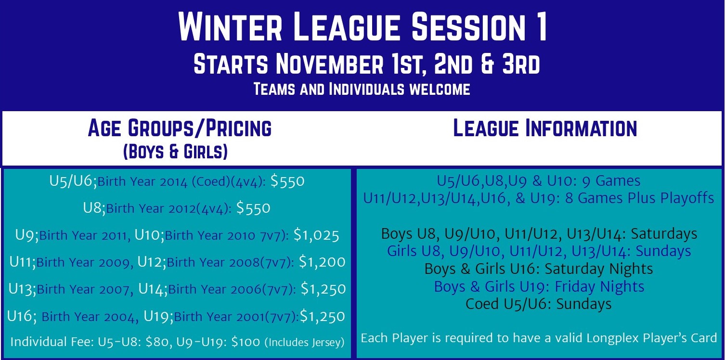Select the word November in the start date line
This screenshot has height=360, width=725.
coord(330,64)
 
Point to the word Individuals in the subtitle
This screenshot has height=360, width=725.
coord(366,89)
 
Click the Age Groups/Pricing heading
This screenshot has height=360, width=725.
coord(180,128)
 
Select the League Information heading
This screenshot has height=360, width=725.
coord(545,128)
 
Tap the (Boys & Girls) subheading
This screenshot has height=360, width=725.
coord(175,151)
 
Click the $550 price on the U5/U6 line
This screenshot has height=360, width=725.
coord(287,181)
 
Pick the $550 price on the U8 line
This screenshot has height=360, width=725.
coord(253,207)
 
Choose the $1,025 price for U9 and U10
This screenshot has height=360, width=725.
coord(316,235)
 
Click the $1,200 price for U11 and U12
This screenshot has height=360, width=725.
coord(322,262)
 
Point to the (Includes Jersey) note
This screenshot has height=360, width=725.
coord(305,342)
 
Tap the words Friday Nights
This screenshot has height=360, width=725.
coord(599,286)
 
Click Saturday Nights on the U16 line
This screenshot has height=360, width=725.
coord(599,269)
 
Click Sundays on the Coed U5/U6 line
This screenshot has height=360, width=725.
coord(584,304)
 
